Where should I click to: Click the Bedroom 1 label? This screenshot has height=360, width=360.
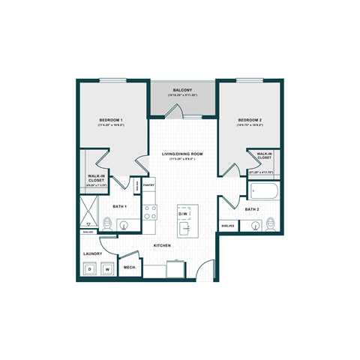click(111, 121)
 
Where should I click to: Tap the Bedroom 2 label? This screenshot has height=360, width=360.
click(249, 121)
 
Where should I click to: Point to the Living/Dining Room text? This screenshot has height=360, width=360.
click(184, 154)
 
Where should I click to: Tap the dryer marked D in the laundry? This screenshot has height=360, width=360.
click(89, 268)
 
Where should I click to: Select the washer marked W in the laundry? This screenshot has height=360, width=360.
click(107, 268)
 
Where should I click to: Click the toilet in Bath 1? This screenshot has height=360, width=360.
click(108, 223)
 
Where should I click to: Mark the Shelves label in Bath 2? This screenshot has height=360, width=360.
click(226, 225)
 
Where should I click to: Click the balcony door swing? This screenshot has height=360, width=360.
click(172, 112)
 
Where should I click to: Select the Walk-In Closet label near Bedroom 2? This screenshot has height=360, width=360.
click(264, 156)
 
